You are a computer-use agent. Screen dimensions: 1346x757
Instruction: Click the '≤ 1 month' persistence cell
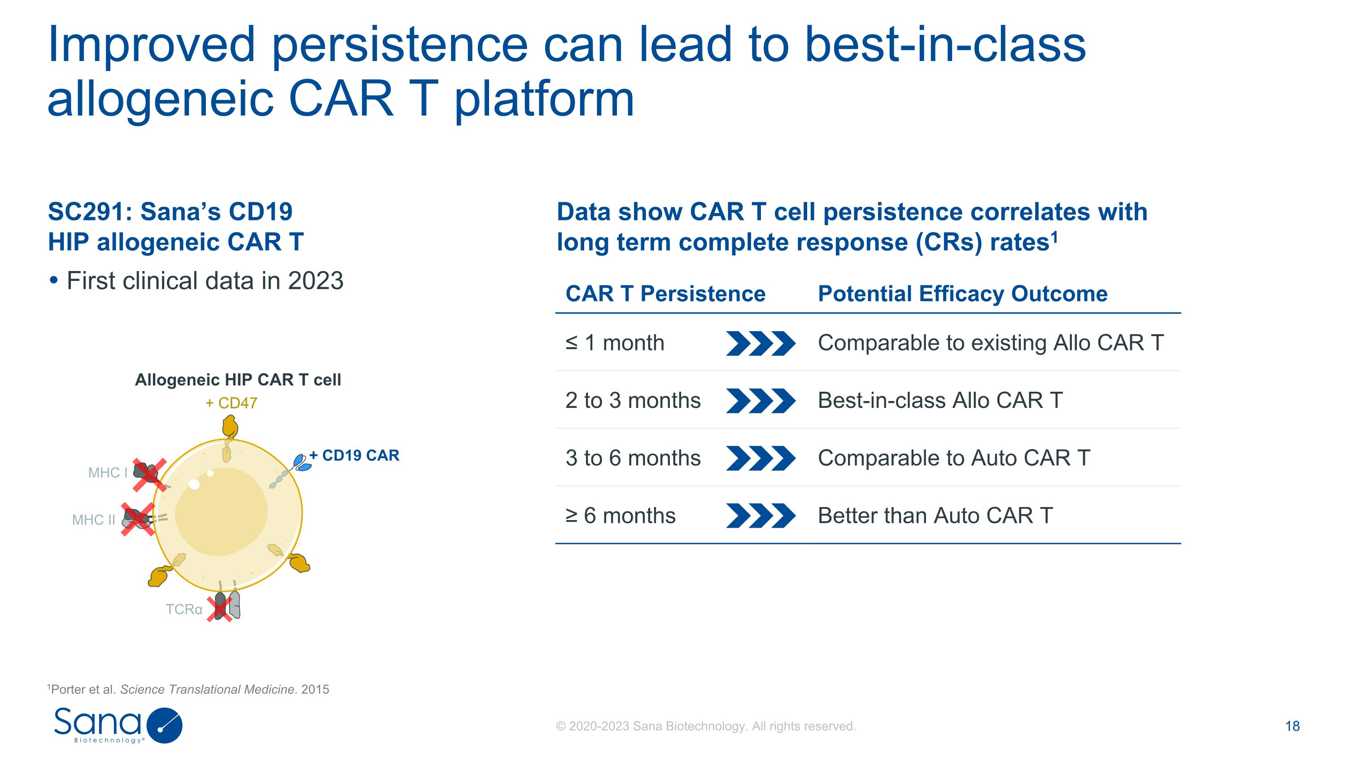pos(615,343)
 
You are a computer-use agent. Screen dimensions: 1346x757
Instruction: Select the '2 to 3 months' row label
pos(633,401)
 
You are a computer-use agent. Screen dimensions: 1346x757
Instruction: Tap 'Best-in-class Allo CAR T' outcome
pos(940,401)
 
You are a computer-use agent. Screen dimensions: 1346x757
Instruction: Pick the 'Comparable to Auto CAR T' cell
pos(953,458)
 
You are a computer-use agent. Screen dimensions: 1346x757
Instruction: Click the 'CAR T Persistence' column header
pos(665,293)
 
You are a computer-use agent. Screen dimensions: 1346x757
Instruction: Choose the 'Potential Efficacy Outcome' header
pos(962,293)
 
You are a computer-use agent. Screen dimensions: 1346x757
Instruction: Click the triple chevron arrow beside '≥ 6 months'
pos(761,516)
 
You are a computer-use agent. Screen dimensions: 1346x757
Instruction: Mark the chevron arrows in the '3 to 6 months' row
pos(761,458)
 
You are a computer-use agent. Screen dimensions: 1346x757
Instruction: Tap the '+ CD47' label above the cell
pos(232,403)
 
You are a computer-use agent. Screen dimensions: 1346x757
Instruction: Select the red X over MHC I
pos(149,475)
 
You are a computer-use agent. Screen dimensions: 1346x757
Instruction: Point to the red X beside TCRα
pos(219,608)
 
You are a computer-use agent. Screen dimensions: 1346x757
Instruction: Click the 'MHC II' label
pos(93,520)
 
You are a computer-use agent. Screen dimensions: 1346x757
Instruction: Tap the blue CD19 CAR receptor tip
pos(302,463)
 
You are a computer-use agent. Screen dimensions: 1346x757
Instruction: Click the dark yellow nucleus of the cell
pos(221,512)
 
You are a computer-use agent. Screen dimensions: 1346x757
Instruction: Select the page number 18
pos(1292,726)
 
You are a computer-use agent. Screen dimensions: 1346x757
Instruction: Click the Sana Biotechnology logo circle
pos(165,725)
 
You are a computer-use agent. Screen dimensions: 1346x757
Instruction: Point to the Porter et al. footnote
pos(188,689)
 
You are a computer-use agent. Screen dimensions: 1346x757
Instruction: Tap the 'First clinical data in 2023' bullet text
pos(205,280)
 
